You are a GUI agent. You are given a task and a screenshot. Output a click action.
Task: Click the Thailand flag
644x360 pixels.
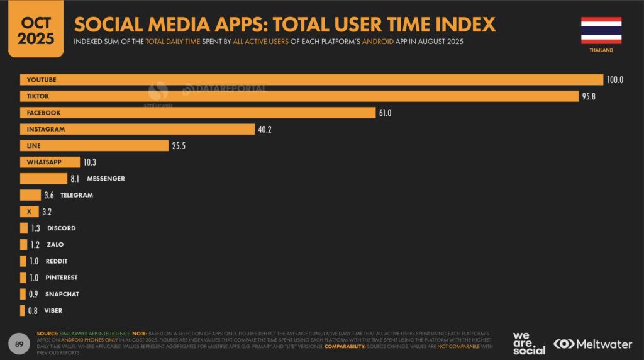click(601, 30)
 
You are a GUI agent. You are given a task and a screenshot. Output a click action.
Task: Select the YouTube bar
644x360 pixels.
click(311, 80)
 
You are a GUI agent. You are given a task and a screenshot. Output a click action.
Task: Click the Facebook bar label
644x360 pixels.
click(43, 113)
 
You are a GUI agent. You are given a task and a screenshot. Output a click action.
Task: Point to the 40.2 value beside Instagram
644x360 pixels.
click(264, 129)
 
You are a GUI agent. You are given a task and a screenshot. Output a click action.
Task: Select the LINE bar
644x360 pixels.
click(94, 145)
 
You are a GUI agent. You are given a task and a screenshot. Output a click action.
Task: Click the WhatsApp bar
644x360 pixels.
click(50, 162)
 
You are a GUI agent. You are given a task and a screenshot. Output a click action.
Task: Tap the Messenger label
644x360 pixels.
click(106, 179)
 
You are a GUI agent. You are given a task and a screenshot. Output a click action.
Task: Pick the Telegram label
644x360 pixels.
click(77, 195)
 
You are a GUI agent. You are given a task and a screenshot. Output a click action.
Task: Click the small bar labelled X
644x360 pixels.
click(29, 211)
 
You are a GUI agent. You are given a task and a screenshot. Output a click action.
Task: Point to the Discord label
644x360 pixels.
click(61, 228)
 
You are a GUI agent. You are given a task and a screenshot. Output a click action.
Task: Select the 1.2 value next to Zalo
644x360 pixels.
click(36, 245)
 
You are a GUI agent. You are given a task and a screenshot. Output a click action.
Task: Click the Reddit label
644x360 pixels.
click(57, 261)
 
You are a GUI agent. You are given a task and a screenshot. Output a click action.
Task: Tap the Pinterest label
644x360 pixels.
click(62, 278)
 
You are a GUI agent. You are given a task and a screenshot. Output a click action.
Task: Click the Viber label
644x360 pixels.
click(53, 310)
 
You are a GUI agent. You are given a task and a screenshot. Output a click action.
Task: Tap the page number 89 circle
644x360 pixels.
click(19, 343)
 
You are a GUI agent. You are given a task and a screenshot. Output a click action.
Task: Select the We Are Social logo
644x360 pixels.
click(529, 343)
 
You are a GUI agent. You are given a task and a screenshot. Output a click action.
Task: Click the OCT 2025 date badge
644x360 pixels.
click(35, 30)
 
